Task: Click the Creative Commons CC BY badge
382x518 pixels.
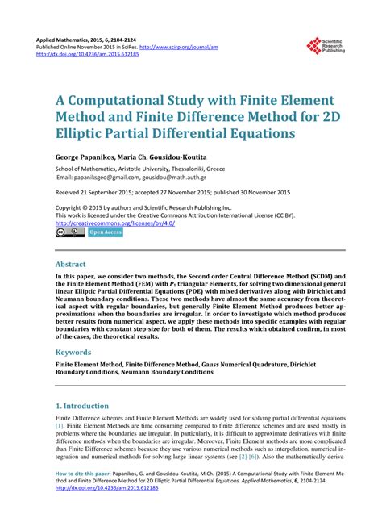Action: point(69,232)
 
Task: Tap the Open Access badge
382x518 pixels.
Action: point(105,232)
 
